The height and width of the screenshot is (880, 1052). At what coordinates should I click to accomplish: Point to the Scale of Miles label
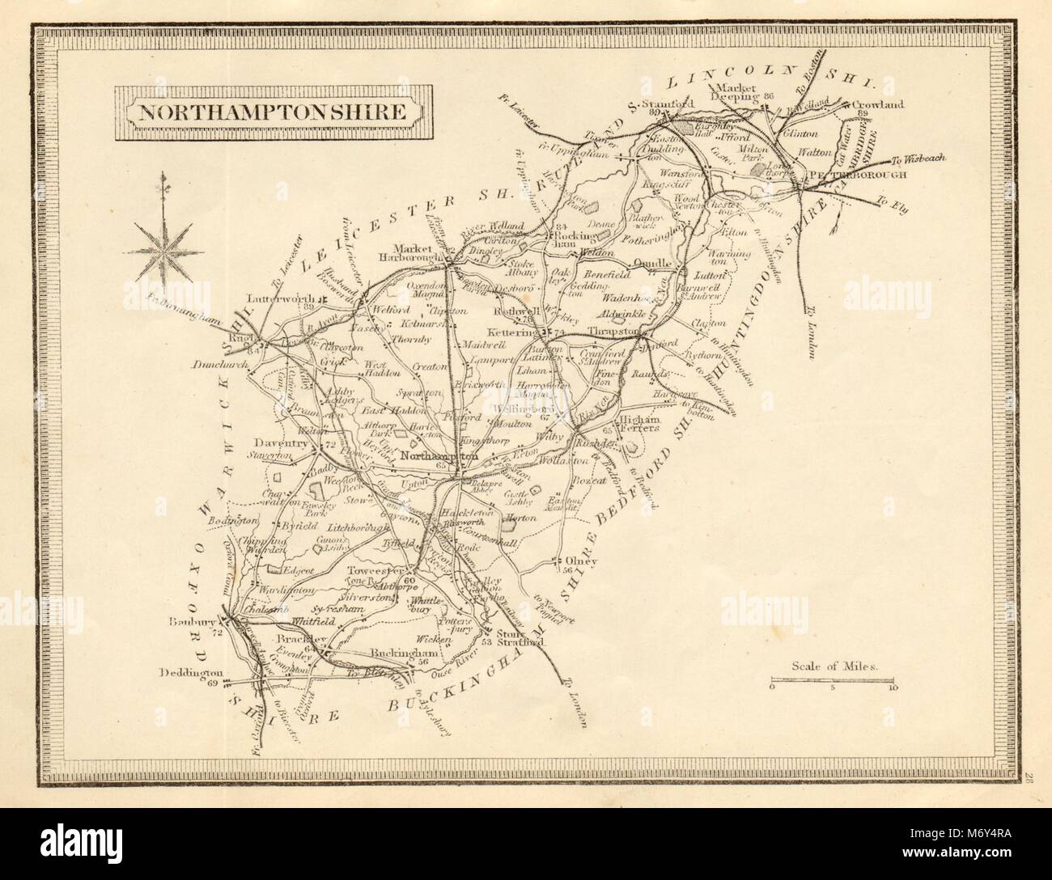point(830,668)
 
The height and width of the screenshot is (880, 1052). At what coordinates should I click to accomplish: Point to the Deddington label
point(192,673)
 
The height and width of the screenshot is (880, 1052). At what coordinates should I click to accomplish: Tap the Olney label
point(581,561)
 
